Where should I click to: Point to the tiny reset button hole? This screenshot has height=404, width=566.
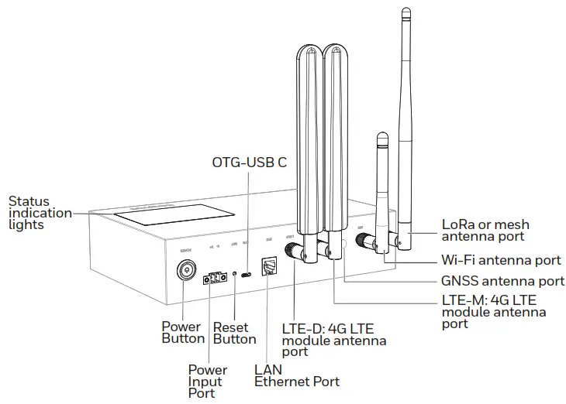[234, 274]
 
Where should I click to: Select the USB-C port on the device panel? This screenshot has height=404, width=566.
[247, 274]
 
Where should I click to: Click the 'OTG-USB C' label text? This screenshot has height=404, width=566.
[249, 163]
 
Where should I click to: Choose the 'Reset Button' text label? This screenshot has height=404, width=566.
[234, 333]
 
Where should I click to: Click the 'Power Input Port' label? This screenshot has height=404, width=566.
[208, 382]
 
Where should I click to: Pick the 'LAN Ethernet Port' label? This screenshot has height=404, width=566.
[296, 375]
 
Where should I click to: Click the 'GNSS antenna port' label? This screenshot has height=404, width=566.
[502, 281]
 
